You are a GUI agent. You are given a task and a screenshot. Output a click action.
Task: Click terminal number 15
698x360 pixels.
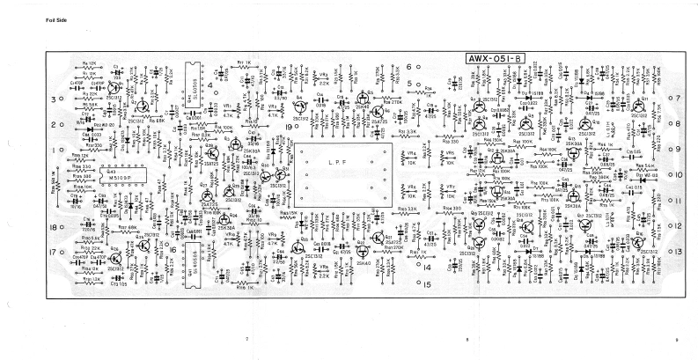426,284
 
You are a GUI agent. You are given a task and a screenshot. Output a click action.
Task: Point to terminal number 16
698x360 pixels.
173,249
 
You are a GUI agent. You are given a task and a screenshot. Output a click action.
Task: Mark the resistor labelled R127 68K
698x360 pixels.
126,227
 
